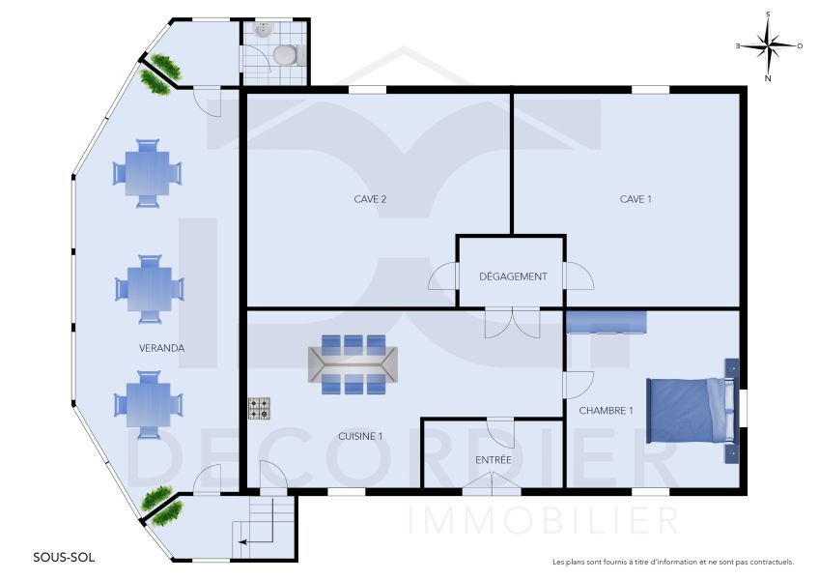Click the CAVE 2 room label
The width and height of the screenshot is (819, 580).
coord(370,199)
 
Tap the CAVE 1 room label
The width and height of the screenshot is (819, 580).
coord(635,199)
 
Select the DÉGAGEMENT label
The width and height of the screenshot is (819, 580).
coord(513,276)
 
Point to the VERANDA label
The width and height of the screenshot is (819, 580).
coord(161,348)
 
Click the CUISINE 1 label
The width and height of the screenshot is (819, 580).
coord(360,436)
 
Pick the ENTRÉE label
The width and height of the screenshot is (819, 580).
coord(494,460)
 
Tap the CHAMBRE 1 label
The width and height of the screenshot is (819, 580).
coord(606,411)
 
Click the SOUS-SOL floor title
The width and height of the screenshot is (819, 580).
coord(64,558)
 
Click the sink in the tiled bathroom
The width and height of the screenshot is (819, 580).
coord(263,30)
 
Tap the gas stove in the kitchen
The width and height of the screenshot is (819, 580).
coord(259,409)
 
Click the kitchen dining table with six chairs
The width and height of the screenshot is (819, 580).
coord(353,364)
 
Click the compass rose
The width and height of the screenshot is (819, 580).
coord(769,46)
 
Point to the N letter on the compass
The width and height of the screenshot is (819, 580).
coord(768,79)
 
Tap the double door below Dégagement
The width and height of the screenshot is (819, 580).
coord(512,322)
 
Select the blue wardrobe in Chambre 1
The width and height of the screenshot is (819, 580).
coord(607,322)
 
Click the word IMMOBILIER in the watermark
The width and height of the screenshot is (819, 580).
coord(543,520)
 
